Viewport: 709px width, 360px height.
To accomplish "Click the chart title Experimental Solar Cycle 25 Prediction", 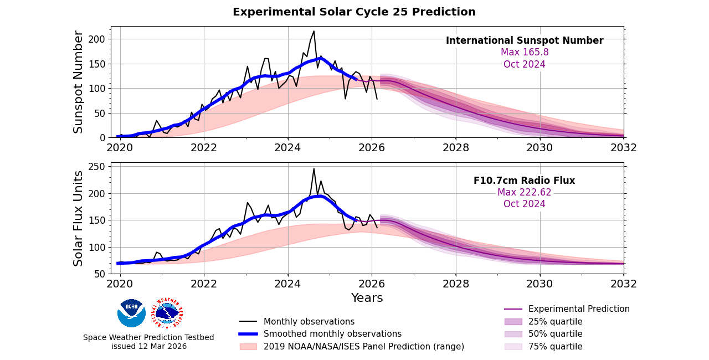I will click(x=354, y=12).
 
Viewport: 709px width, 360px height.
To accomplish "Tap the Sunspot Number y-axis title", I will click(x=79, y=82).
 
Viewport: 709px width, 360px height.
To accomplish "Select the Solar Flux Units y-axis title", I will click(x=79, y=218).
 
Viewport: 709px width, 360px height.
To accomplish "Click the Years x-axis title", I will click(x=367, y=298).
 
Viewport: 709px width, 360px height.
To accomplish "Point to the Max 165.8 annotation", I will click(x=525, y=53).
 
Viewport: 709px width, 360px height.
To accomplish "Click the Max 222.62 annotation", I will click(x=524, y=192).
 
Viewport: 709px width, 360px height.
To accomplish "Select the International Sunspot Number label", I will click(x=525, y=40).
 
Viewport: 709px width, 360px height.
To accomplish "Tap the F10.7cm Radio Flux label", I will click(x=524, y=181).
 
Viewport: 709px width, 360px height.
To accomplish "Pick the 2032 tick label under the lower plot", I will click(x=624, y=284).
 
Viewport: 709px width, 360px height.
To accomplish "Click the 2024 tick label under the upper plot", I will click(x=287, y=148).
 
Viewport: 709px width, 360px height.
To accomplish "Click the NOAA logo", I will click(x=131, y=313).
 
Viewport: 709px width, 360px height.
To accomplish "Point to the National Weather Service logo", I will click(x=167, y=313).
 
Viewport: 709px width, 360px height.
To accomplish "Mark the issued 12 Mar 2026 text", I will click(x=149, y=346).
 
